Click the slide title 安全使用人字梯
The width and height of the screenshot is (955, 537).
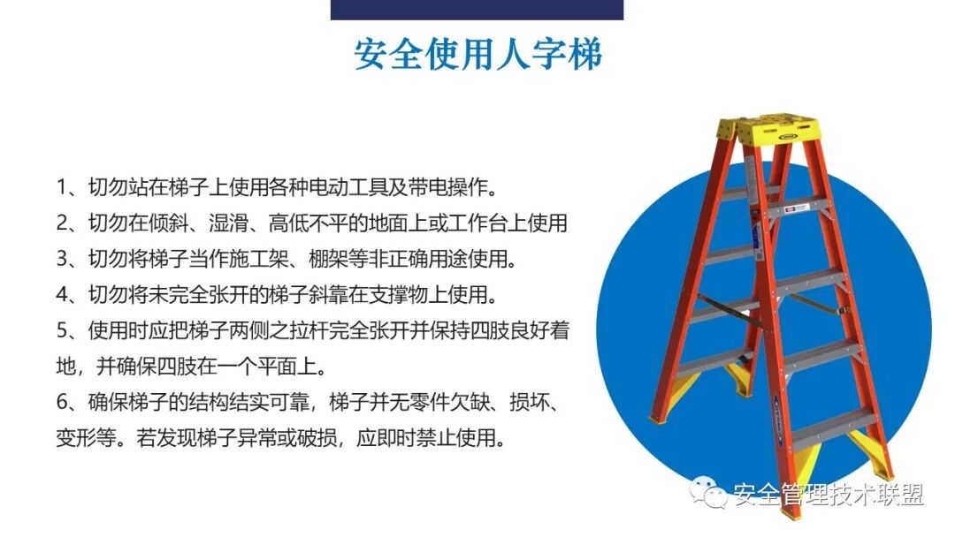tap(477, 55)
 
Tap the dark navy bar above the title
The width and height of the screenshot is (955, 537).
tap(477, 9)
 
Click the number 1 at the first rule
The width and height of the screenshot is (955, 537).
tap(62, 187)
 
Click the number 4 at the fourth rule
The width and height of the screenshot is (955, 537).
tap(62, 294)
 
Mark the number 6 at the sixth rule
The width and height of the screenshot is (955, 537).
tap(62, 402)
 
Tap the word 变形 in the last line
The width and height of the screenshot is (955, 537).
tap(74, 437)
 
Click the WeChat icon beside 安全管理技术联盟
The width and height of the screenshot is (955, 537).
tap(710, 494)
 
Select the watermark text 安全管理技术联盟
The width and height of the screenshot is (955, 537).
tap(829, 495)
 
